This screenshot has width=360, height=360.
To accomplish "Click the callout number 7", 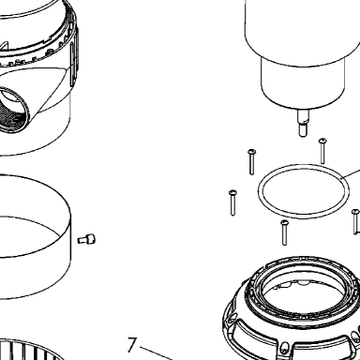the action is pos(132,345).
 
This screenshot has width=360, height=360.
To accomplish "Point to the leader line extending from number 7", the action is pos(157,353).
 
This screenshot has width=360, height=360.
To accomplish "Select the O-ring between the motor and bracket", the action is pos(304,191).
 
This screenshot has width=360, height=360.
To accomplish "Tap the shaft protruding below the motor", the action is pos(304,123).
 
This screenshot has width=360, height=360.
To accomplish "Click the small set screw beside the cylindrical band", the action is pos(86,240).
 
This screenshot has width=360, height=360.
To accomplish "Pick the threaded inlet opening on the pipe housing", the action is pos(11,110).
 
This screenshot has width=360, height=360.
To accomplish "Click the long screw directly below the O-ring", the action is pos(284,232).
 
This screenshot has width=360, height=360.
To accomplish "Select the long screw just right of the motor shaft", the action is pos(322,151).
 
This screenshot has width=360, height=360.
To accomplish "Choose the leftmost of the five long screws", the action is pos(232,202).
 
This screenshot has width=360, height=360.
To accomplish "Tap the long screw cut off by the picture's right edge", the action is pos(355,221).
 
